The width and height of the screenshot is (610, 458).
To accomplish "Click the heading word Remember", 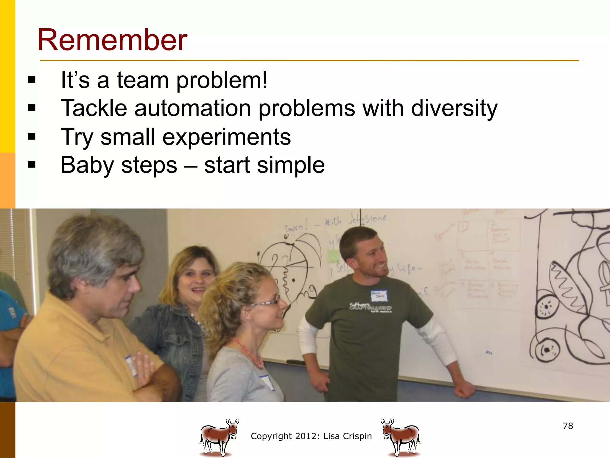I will [x=112, y=40].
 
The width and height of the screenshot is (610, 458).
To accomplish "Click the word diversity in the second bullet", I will [x=454, y=108].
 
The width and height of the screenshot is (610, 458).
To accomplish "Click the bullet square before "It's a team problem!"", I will [x=32, y=80].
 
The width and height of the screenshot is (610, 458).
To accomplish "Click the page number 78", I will [x=568, y=426].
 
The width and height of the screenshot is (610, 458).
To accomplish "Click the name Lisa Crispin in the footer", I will [x=347, y=436].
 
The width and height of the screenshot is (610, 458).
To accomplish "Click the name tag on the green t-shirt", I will [x=379, y=295].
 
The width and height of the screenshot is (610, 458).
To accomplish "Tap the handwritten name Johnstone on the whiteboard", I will [x=368, y=219].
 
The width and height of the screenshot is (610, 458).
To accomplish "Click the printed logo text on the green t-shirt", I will [x=371, y=307].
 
